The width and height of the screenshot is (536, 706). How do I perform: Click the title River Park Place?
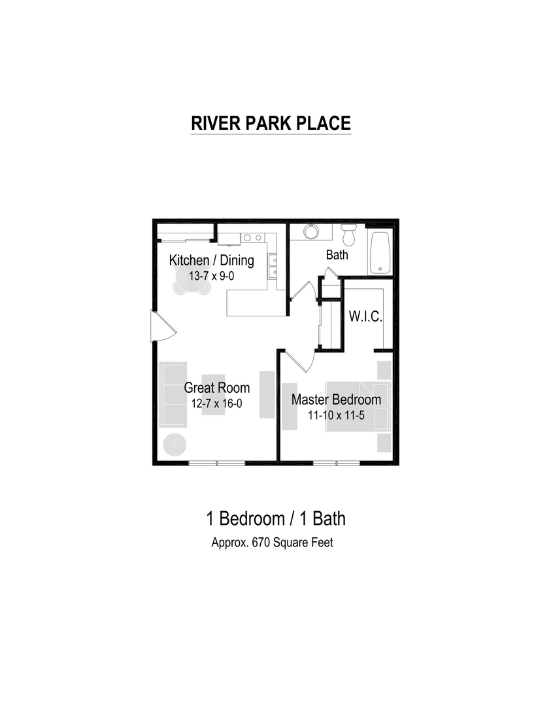271,124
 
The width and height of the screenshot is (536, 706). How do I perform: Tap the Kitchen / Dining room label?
211,260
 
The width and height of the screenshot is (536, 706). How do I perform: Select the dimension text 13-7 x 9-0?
211,276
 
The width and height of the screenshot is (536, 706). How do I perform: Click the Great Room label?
216,388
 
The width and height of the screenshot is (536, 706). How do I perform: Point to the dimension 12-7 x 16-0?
216,403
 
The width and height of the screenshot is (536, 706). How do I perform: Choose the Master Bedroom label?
336,399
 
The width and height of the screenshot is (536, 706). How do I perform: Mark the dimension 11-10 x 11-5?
336,415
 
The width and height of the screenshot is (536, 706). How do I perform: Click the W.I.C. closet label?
365,316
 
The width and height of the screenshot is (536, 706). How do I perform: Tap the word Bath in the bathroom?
337,255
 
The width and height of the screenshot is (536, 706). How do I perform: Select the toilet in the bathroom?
348,233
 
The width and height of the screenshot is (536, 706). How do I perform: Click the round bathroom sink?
310,232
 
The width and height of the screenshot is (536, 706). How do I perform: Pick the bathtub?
380,253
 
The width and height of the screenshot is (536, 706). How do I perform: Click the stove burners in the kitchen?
248,237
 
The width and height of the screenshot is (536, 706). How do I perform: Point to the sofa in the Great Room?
173,394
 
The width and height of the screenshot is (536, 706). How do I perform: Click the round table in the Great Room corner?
175,445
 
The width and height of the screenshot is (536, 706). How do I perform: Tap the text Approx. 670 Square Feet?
272,543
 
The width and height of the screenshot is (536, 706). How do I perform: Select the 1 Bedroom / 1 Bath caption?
275,518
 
